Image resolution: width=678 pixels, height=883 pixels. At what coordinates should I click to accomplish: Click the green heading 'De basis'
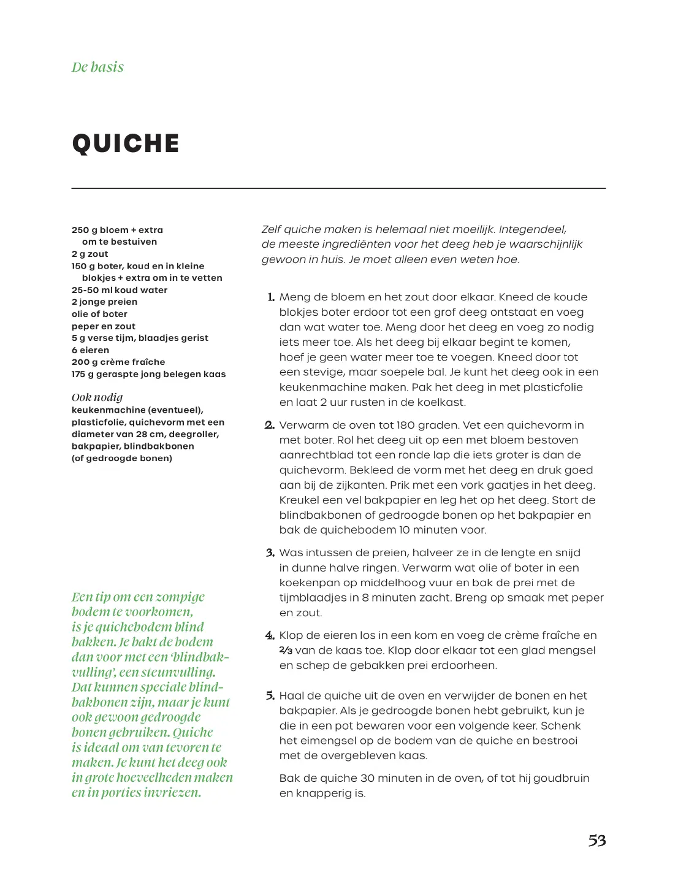pos(97,67)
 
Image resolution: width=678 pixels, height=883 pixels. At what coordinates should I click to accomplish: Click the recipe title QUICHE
pos(126,143)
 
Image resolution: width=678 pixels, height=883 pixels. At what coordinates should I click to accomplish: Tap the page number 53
pos(596,841)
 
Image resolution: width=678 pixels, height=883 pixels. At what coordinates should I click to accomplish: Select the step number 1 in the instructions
pos(271,297)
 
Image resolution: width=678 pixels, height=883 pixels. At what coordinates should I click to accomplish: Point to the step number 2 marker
pos(270,426)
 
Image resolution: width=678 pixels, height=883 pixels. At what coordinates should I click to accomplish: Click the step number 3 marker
pos(270,553)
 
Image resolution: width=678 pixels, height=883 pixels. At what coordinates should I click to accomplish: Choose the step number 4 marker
pos(270,636)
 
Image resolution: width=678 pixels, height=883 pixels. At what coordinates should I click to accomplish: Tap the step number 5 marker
pos(270,696)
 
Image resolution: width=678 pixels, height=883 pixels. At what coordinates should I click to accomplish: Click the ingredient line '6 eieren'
pos(90,350)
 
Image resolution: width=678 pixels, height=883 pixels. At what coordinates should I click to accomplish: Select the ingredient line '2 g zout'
pos(90,254)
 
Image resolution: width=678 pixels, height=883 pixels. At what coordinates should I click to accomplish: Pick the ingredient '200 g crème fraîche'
pos(118,362)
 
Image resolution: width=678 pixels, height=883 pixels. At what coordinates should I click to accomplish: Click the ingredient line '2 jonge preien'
pos(104,302)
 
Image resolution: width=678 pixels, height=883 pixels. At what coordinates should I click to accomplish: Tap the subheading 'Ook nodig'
pos(97,397)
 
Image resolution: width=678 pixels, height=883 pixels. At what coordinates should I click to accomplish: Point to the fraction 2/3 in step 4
pos(286,651)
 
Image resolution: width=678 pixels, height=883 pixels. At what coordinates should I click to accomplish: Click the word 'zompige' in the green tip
pos(180,597)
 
